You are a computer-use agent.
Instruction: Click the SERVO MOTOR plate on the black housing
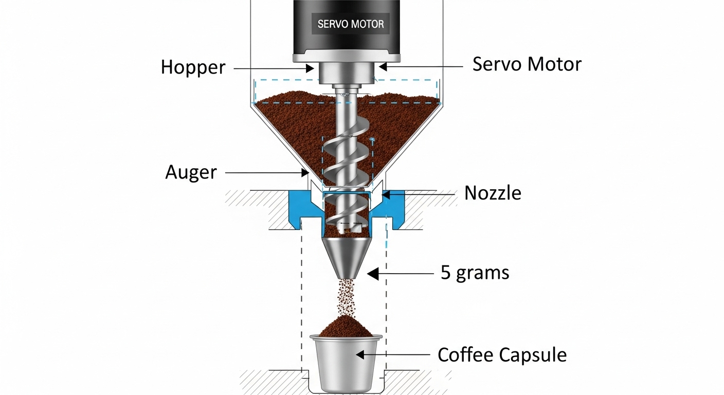351,24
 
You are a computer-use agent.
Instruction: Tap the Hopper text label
193,67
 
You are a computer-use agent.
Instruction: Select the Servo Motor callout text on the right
527,64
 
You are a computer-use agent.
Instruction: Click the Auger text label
191,172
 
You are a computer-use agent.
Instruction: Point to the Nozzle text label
493,193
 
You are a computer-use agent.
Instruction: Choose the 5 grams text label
475,272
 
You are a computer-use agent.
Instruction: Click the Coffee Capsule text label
502,355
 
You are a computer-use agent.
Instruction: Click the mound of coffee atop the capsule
346,326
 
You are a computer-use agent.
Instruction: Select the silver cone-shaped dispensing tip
347,255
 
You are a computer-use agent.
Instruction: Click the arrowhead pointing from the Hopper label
310,68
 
